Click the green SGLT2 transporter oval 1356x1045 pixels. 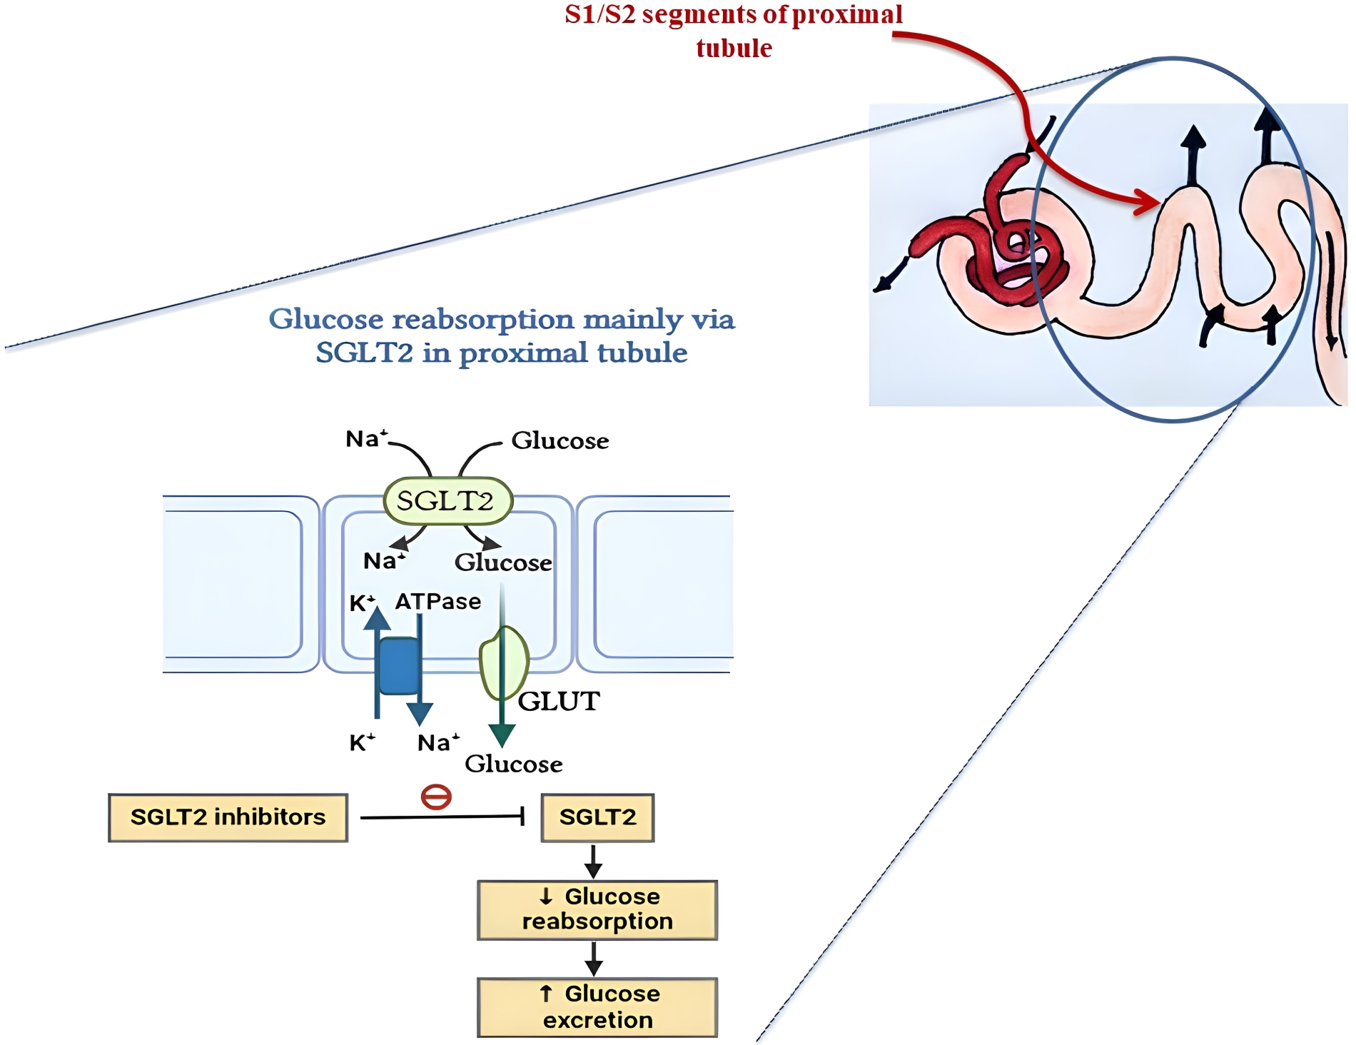[447, 500]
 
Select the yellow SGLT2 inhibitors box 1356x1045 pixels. [228, 817]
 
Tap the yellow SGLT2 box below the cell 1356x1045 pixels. [597, 817]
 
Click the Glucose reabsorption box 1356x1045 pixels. [597, 909]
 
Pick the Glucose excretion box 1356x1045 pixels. [597, 1006]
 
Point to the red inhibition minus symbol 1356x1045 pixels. [436, 797]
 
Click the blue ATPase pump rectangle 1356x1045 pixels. [399, 666]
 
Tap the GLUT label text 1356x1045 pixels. [559, 702]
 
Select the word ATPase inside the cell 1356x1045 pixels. [438, 602]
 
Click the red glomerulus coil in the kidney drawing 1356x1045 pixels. [1017, 257]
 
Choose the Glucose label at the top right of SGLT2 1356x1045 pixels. [560, 440]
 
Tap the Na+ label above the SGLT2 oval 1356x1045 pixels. [366, 438]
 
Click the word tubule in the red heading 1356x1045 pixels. [734, 49]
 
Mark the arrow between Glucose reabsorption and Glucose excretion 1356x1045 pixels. [594, 959]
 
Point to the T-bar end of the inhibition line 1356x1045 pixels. [523, 816]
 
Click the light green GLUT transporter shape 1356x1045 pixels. [504, 662]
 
